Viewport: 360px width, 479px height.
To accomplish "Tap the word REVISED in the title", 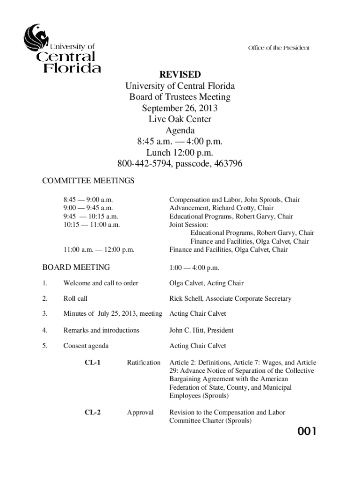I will pyautogui.click(x=180, y=75).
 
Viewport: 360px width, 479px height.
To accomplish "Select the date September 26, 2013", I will pyautogui.click(x=180, y=109).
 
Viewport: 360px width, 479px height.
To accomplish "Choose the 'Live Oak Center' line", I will pyautogui.click(x=180, y=120).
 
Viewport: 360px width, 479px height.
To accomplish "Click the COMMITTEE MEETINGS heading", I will pyautogui.click(x=88, y=181).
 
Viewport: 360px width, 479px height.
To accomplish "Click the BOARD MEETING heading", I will pyautogui.click(x=76, y=268).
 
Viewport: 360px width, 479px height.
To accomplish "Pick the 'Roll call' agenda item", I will pyautogui.click(x=75, y=298).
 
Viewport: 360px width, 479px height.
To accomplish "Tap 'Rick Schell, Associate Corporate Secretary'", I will pyautogui.click(x=230, y=298).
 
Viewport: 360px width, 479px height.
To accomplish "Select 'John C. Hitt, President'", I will pyautogui.click(x=202, y=330).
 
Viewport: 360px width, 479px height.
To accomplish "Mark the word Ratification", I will pyautogui.click(x=144, y=363).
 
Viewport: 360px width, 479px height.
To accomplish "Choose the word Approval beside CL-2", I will pyautogui.click(x=140, y=413).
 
